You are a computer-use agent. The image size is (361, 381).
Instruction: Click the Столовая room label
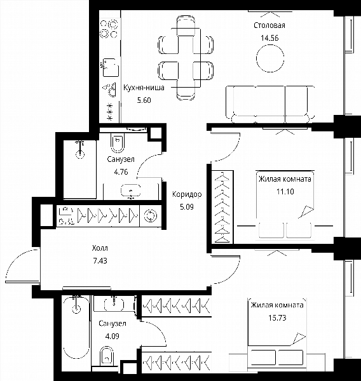click(x=269, y=25)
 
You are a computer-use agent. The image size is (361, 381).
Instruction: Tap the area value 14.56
click(x=269, y=38)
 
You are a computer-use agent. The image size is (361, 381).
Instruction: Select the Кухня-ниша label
click(x=144, y=88)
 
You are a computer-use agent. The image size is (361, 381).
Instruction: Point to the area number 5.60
click(x=144, y=100)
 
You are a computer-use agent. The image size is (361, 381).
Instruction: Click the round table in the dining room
click(x=270, y=58)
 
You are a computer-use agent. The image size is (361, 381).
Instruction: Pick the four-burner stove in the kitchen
click(x=109, y=29)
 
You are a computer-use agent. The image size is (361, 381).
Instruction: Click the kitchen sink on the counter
click(x=110, y=67)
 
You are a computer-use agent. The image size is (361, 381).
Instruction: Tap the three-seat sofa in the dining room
click(x=270, y=105)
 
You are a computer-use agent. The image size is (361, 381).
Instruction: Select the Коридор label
click(x=187, y=194)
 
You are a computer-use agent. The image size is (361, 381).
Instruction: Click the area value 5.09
click(x=187, y=207)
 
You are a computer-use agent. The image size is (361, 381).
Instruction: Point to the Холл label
click(x=100, y=248)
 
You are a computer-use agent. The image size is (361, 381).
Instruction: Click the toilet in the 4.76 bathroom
click(x=118, y=143)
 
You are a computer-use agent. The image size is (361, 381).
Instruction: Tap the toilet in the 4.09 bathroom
click(x=107, y=356)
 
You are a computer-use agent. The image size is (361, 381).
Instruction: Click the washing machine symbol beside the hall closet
click(x=150, y=216)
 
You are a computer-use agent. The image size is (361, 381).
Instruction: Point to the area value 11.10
click(x=285, y=192)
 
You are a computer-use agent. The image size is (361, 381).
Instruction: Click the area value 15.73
click(x=277, y=318)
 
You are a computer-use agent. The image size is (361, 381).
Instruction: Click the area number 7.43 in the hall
click(x=100, y=261)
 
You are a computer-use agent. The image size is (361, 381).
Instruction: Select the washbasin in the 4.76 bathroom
click(x=131, y=190)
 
